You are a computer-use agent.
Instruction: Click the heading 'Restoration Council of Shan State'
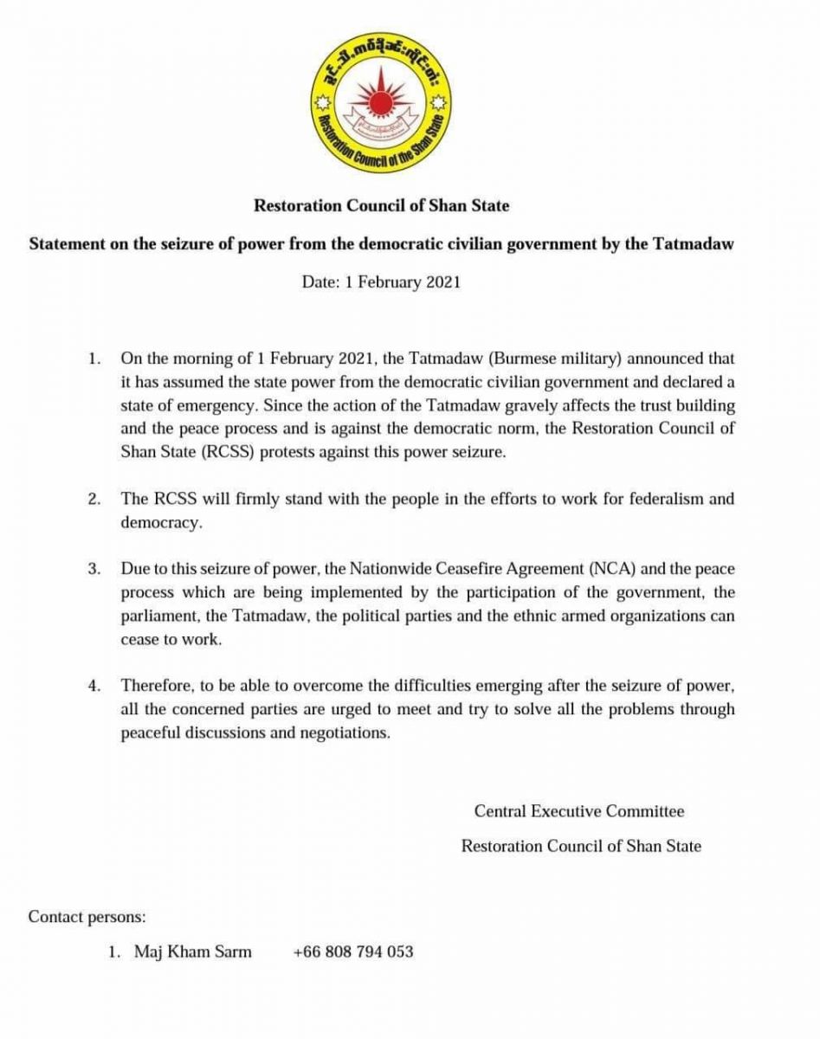point(381,206)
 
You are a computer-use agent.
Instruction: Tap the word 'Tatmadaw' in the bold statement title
point(695,244)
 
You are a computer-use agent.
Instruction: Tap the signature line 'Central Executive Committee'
point(579,812)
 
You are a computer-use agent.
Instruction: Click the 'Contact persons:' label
point(87,916)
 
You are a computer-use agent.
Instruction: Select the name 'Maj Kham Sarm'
point(193,952)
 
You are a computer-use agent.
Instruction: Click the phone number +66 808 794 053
point(353,952)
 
